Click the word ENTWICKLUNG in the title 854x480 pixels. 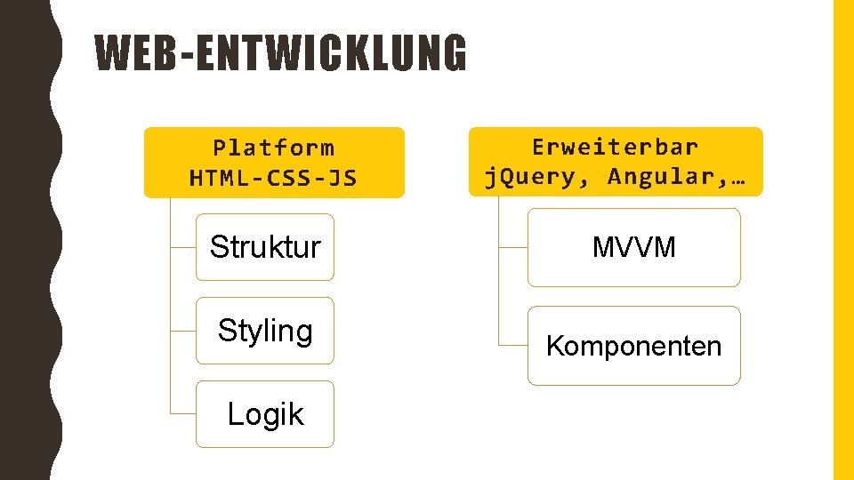tap(328, 54)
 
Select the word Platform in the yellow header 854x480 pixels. tap(274, 148)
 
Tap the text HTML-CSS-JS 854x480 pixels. tap(274, 178)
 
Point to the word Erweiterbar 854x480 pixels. tap(616, 146)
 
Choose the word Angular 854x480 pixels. tap(663, 176)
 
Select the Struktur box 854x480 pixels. tap(265, 247)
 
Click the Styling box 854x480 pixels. tap(265, 331)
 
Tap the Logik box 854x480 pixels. tap(265, 414)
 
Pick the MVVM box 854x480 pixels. tap(633, 247)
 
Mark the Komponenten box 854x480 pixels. tap(633, 346)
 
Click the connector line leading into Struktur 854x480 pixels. tap(182, 247)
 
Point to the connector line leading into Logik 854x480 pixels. tap(182, 414)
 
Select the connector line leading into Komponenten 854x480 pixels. tap(513, 344)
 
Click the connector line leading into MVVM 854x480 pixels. tap(513, 247)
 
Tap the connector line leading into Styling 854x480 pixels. tap(182, 331)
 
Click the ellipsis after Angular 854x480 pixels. tap(737, 176)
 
